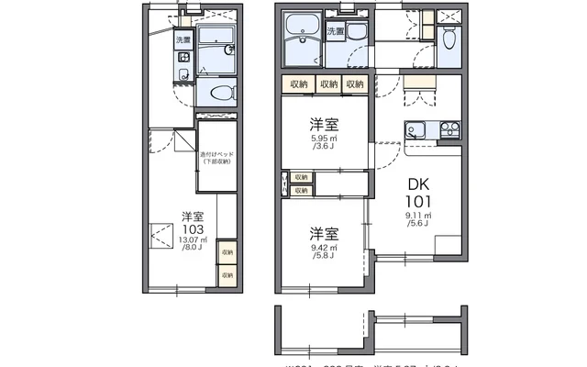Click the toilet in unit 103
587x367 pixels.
[220, 91]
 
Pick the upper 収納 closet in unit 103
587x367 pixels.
[227, 251]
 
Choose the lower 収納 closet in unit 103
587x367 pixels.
[227, 273]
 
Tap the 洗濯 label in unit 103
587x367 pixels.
[183, 40]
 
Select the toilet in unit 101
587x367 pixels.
[448, 39]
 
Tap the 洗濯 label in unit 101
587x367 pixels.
[336, 31]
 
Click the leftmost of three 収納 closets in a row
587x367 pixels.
[299, 84]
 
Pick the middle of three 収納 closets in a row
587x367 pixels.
[328, 84]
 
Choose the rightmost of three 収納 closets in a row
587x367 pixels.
[355, 84]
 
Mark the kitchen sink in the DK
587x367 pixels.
[415, 130]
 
